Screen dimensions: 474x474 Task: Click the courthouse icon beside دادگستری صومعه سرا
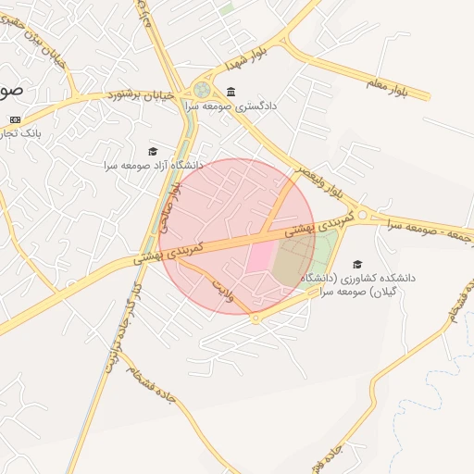click(230, 92)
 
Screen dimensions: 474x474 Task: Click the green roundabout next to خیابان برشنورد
click(201, 90)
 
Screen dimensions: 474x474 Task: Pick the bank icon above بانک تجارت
click(15, 120)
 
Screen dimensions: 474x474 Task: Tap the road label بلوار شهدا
click(245, 57)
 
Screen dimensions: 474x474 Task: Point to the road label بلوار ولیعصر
click(319, 181)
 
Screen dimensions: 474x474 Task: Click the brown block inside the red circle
click(293, 258)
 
